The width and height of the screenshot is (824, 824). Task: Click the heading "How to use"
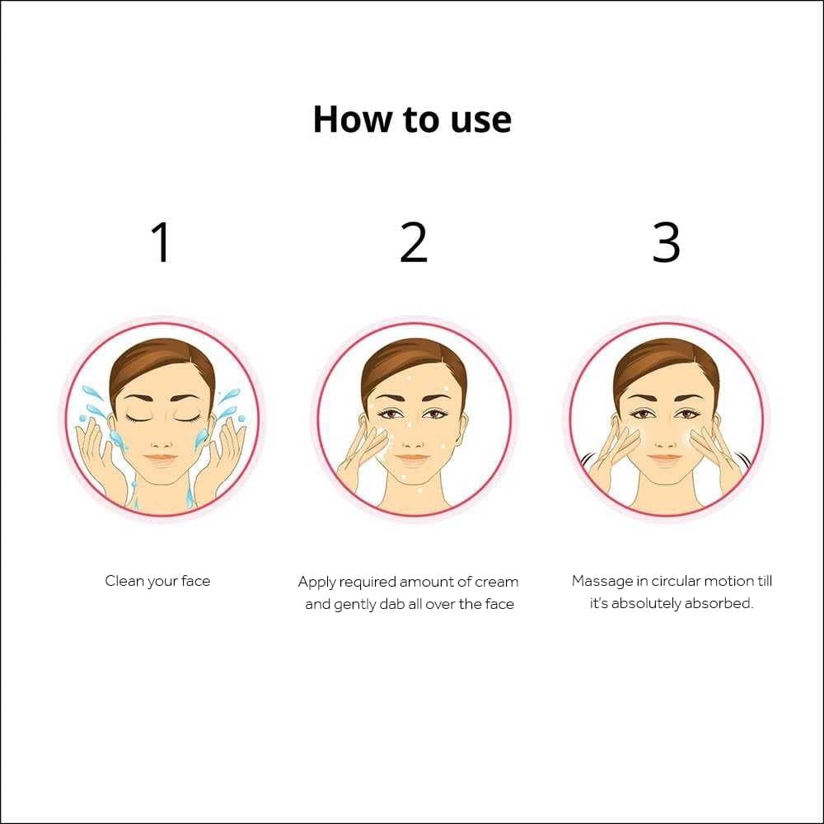pyautogui.click(x=412, y=119)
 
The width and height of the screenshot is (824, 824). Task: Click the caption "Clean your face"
pyautogui.click(x=157, y=581)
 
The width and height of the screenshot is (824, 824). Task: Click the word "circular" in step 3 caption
pyautogui.click(x=680, y=581)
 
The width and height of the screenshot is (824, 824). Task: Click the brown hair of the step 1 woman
pyautogui.click(x=162, y=361)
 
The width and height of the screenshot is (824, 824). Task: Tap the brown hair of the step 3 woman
pyautogui.click(x=666, y=361)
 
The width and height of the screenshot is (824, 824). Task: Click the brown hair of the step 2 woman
pyautogui.click(x=414, y=361)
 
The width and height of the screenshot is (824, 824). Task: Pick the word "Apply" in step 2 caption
pyautogui.click(x=317, y=582)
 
